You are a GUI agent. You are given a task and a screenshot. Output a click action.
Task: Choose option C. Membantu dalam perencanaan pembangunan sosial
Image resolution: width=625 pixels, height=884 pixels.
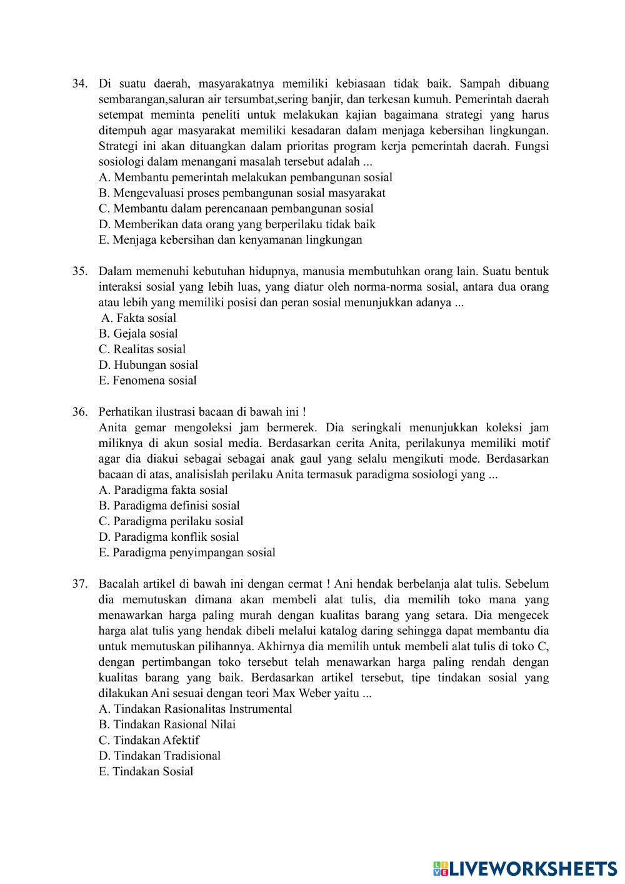(x=236, y=209)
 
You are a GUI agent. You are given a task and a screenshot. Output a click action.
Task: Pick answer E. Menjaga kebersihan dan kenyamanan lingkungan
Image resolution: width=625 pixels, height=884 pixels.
(x=230, y=240)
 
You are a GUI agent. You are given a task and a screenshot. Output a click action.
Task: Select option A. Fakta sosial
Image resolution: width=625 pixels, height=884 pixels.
(x=139, y=318)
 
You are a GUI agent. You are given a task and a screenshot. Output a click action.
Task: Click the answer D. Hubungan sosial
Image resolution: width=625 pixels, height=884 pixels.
(x=148, y=365)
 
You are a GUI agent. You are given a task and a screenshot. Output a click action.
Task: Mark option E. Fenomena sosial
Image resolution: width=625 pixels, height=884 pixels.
(x=147, y=381)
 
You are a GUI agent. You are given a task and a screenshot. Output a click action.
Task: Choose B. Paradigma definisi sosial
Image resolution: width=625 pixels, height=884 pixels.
(x=169, y=506)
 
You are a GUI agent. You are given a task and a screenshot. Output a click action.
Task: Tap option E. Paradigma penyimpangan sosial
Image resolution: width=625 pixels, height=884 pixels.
(x=187, y=553)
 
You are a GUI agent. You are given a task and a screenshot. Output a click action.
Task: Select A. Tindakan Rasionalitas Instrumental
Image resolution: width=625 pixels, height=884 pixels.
(x=195, y=709)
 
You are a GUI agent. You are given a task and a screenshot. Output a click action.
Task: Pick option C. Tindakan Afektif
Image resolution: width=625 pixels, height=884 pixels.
(x=149, y=740)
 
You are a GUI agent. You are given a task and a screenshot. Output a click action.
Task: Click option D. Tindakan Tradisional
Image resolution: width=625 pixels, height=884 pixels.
(x=159, y=756)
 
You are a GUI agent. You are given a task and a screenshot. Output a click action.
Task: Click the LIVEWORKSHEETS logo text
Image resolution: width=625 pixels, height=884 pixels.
(x=533, y=868)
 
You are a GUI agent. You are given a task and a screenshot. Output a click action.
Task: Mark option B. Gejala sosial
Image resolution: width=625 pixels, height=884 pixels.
(x=138, y=334)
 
